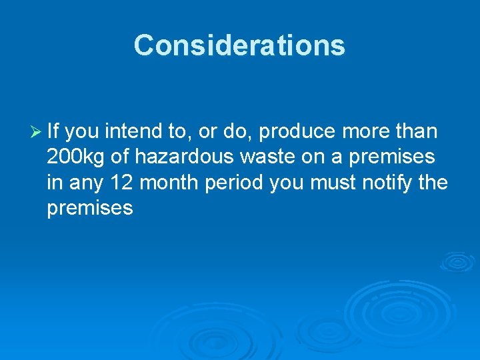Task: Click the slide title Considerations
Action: (239, 45)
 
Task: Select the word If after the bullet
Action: (53, 132)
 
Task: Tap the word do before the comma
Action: (235, 132)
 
